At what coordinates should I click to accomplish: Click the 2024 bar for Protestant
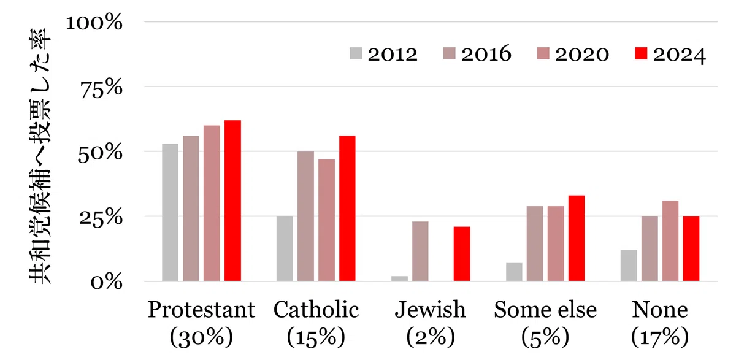(232, 201)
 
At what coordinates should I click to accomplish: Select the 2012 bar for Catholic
(285, 248)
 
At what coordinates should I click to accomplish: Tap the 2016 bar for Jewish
(420, 251)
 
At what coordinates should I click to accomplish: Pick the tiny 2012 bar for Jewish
(399, 278)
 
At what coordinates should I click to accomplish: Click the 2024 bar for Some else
(577, 238)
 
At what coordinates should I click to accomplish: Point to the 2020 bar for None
(670, 241)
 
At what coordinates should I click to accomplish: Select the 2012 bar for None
(629, 266)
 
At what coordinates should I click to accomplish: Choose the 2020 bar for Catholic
(326, 220)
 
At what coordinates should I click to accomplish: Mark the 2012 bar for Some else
(514, 272)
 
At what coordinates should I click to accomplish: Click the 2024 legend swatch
(641, 53)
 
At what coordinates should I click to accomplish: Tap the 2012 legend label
(393, 55)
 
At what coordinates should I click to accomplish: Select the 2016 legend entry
(477, 54)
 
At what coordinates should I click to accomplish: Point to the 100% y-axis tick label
(94, 23)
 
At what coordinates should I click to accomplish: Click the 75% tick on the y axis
(102, 90)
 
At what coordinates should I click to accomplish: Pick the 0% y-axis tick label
(107, 283)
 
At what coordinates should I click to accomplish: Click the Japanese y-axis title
(40, 156)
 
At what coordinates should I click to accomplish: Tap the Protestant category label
(201, 310)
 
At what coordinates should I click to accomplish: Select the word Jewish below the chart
(431, 310)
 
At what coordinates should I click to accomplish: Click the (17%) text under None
(660, 337)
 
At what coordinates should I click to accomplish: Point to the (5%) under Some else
(545, 337)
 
